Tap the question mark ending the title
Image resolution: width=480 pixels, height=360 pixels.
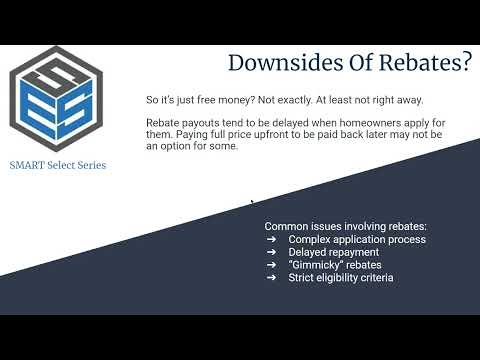pos(465,63)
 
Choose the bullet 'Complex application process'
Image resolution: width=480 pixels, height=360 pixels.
pos(357,239)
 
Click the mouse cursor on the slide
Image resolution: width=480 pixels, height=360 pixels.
pos(251,203)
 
